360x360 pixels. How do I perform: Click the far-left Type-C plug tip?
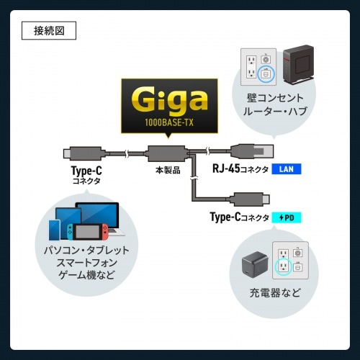66,153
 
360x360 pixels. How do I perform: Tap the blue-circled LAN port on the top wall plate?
266,73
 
